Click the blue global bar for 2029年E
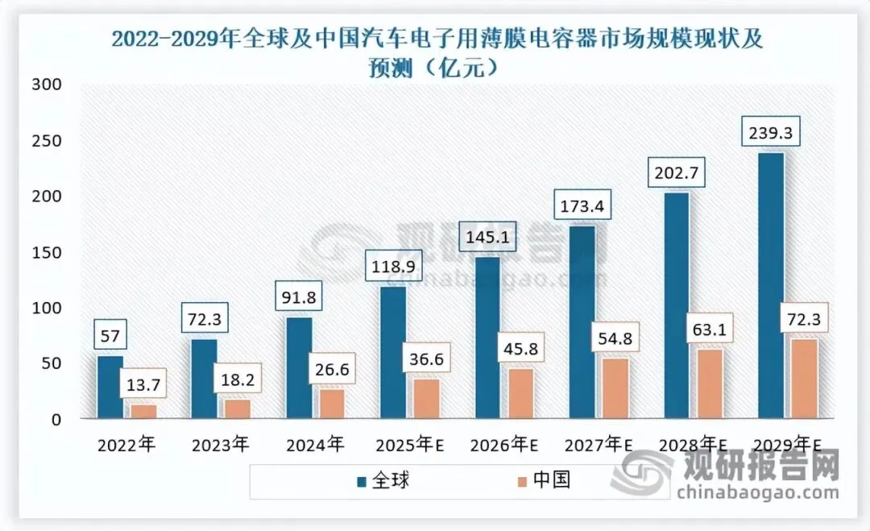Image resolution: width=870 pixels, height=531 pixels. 770,285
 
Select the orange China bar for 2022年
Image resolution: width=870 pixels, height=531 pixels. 143,411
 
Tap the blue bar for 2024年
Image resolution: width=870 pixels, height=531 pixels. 299,367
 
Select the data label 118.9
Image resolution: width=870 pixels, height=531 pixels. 393,266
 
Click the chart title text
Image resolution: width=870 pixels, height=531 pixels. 436,51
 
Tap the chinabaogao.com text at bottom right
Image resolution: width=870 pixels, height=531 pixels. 757,492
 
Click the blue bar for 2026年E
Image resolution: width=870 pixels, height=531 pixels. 488,337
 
